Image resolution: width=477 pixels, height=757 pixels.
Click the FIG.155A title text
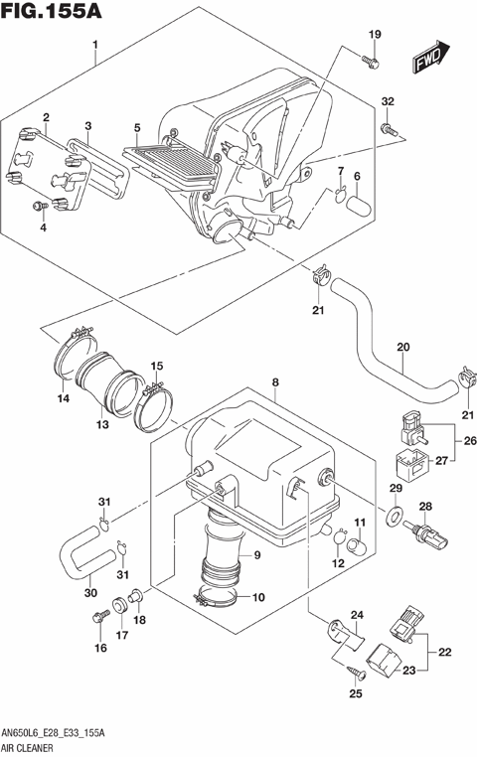pos(52,13)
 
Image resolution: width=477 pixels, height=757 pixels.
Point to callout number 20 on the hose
pos(402,348)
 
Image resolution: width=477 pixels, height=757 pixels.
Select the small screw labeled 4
pos(41,206)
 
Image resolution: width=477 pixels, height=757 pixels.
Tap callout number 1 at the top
pos(95,45)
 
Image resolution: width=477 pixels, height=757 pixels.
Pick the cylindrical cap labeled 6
pos(358,208)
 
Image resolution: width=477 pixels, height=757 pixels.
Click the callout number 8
pos(275,380)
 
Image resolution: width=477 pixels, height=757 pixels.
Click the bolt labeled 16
pos(100,619)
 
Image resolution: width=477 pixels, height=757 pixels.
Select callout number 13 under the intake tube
pos(101,424)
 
